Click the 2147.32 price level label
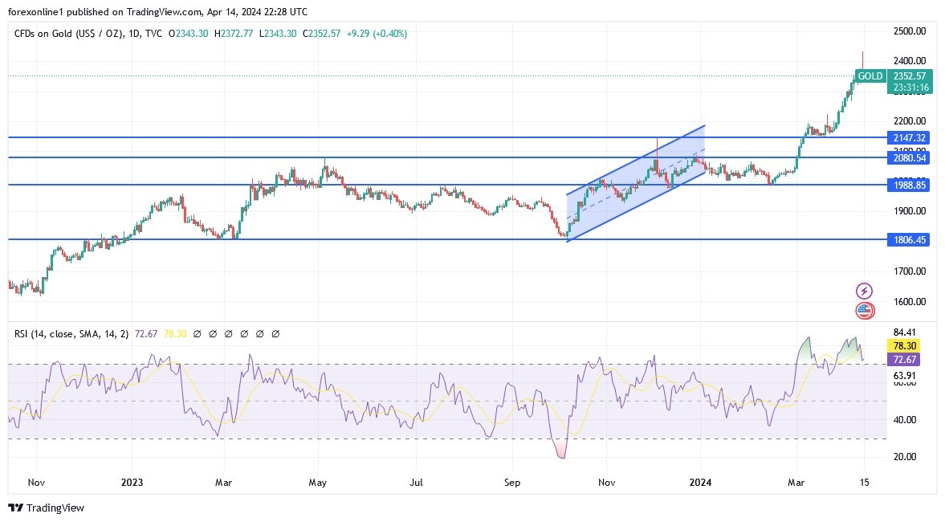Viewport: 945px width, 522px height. point(909,137)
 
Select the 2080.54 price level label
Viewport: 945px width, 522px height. point(909,157)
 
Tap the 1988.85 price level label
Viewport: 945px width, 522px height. point(909,185)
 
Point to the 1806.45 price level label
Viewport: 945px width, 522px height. point(909,239)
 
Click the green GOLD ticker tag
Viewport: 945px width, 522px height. point(870,76)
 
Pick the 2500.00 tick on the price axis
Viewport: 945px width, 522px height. point(910,31)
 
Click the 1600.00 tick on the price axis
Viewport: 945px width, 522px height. point(910,302)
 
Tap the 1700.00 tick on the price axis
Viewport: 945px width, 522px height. point(910,271)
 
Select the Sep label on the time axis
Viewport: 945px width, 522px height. point(512,483)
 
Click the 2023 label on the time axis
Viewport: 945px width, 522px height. point(132,483)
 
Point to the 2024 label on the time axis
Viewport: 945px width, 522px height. point(701,483)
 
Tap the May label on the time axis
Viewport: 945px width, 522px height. point(318,483)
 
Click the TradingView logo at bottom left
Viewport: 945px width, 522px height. point(46,508)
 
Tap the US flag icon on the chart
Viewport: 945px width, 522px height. point(865,311)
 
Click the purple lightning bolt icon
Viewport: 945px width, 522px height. point(865,291)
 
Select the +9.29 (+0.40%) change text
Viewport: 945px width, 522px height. point(377,34)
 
